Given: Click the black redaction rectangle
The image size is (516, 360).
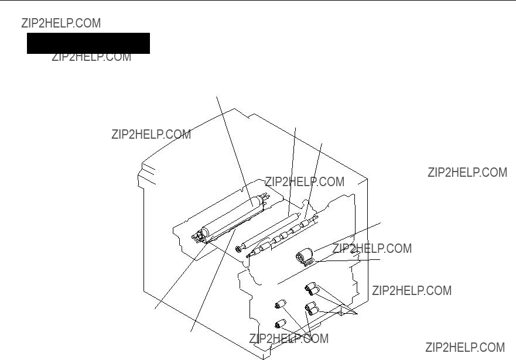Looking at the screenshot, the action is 88,43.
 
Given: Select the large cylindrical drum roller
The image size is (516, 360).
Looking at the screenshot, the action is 233,217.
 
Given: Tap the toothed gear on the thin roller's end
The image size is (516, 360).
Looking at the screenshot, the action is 238,249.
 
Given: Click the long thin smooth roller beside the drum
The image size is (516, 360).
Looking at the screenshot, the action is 268,231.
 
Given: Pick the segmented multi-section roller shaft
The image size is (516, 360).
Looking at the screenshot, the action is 283,235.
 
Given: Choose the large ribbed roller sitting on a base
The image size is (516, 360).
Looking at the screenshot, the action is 305,257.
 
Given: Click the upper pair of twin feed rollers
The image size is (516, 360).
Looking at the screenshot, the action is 312,289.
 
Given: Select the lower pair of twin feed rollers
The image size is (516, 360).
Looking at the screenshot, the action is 312,308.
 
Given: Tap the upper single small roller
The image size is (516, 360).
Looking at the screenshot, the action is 280,304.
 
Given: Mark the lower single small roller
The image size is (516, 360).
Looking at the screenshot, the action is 280,324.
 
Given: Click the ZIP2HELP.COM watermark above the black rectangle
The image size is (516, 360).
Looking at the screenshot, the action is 61,23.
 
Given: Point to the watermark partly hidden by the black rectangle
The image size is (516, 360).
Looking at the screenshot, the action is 91,57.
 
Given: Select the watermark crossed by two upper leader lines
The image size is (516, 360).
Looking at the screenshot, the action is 305,181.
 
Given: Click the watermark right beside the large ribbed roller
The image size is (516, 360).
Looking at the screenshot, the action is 372,248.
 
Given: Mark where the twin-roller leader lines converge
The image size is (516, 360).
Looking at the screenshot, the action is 357,314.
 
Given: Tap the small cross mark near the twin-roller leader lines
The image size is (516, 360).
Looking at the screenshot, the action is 341,311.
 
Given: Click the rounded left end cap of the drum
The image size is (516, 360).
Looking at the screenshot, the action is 204,232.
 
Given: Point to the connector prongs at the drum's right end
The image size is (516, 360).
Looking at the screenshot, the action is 266,198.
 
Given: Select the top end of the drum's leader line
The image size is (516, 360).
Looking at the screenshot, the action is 216,97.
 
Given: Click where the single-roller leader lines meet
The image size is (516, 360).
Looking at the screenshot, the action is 310,338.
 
